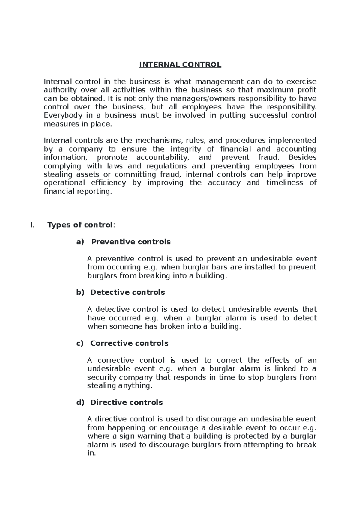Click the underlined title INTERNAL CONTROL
(180, 65)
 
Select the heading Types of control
(80, 225)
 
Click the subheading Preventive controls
(131, 242)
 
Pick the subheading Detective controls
(127, 292)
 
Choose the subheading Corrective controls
(129, 343)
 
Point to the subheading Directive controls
(127, 402)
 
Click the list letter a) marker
(80, 242)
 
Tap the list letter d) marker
(80, 403)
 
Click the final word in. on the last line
(91, 453)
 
